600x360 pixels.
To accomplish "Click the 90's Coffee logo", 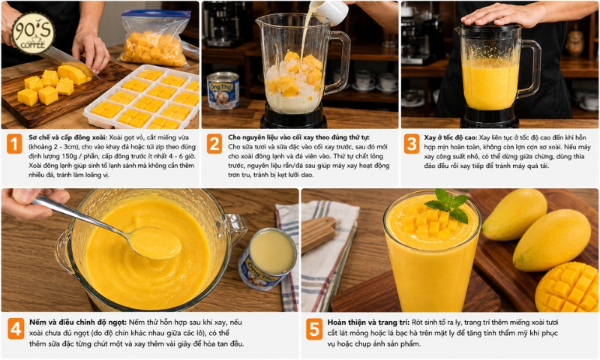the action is pyautogui.click(x=33, y=34).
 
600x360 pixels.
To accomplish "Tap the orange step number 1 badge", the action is pyautogui.click(x=14, y=145).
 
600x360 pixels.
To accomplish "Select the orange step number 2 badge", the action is pyautogui.click(x=214, y=144).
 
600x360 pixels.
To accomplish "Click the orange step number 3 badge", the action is pyautogui.click(x=412, y=144).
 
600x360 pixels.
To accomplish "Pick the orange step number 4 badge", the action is pyautogui.click(x=16, y=329).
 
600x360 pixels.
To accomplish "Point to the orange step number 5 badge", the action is pyautogui.click(x=314, y=329).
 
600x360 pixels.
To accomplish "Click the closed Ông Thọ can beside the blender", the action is pyautogui.click(x=223, y=91).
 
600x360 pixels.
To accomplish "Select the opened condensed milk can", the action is pyautogui.click(x=267, y=259).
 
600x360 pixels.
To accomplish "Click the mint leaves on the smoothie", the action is pyautogui.click(x=448, y=204).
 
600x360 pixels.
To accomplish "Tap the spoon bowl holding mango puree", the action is pyautogui.click(x=154, y=242).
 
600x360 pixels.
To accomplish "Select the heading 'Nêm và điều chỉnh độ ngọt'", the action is pyautogui.click(x=78, y=322).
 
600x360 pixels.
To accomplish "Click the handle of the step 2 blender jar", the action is pyautogui.click(x=340, y=62).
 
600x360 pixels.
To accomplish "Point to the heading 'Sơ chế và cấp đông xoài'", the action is pyautogui.click(x=68, y=137).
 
